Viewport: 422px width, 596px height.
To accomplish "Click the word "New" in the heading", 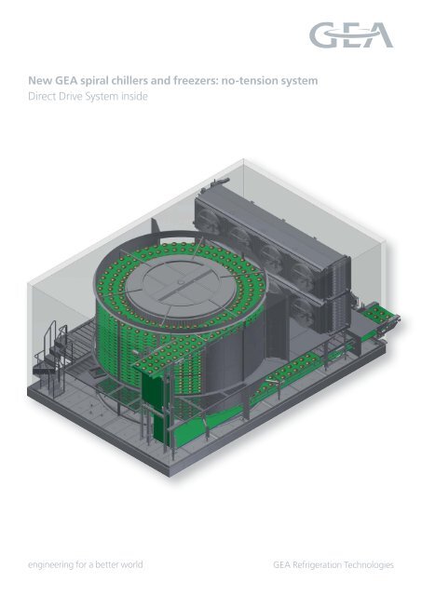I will [41, 81].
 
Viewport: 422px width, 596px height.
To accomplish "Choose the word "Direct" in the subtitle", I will [44, 96].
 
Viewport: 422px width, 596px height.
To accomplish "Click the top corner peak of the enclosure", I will [244, 159].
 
